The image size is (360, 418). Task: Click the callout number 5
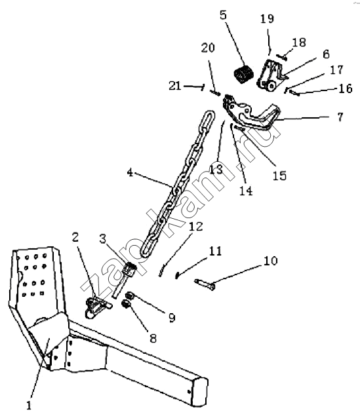(223, 15)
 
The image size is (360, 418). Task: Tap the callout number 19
(267, 18)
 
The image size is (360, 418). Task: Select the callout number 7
(340, 117)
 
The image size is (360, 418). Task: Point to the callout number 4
(130, 172)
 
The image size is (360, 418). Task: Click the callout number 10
(271, 261)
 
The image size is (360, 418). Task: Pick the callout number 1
(29, 405)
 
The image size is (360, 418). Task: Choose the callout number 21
(175, 86)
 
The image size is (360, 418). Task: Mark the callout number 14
(246, 191)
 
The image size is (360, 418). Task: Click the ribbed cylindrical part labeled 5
(244, 74)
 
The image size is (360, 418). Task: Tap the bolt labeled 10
(205, 285)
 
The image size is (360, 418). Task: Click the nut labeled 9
(130, 295)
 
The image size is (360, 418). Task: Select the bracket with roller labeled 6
(271, 76)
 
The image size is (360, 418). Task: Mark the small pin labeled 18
(281, 57)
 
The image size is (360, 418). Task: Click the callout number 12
(195, 227)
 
